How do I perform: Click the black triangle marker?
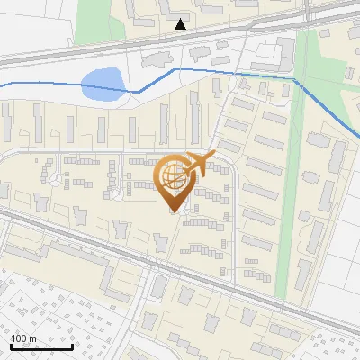[x=181, y=24]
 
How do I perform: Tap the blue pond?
[x=101, y=85]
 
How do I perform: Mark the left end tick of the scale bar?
[x=12, y=345]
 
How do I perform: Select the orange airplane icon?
[x=197, y=164]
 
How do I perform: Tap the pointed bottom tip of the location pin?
[x=174, y=211]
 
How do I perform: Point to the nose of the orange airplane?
[x=214, y=155]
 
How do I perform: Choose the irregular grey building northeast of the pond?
[x=153, y=59]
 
